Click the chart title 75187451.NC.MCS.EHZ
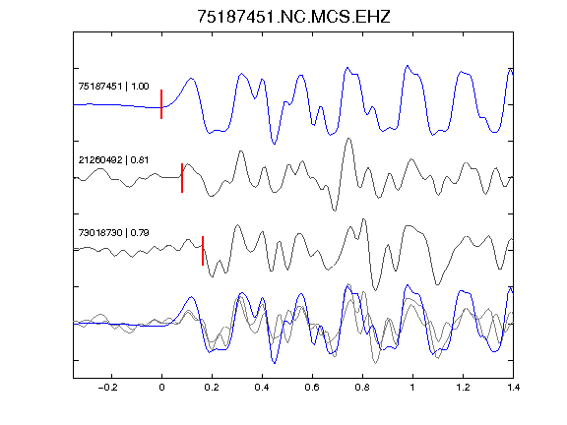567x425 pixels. point(293,17)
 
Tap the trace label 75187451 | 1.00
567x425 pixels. point(113,87)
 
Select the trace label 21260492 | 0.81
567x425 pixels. point(113,160)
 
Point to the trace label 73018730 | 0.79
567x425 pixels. point(113,233)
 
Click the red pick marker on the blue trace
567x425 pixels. point(161,104)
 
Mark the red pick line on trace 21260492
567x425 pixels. point(182,178)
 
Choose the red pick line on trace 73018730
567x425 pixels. point(203,251)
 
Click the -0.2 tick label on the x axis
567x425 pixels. point(108,388)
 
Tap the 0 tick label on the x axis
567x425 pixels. point(161,388)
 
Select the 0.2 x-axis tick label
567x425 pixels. point(212,388)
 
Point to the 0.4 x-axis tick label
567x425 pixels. point(262,388)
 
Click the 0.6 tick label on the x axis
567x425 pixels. point(312,388)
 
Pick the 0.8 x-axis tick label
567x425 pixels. point(362,388)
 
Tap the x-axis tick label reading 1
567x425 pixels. point(412,388)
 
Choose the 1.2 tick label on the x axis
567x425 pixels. point(463,388)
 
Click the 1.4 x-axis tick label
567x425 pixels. point(513,388)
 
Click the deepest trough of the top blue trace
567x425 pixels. point(274,144)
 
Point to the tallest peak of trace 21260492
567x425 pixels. point(348,139)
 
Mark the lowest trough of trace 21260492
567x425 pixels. point(335,211)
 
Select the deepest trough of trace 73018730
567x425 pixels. point(375,290)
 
